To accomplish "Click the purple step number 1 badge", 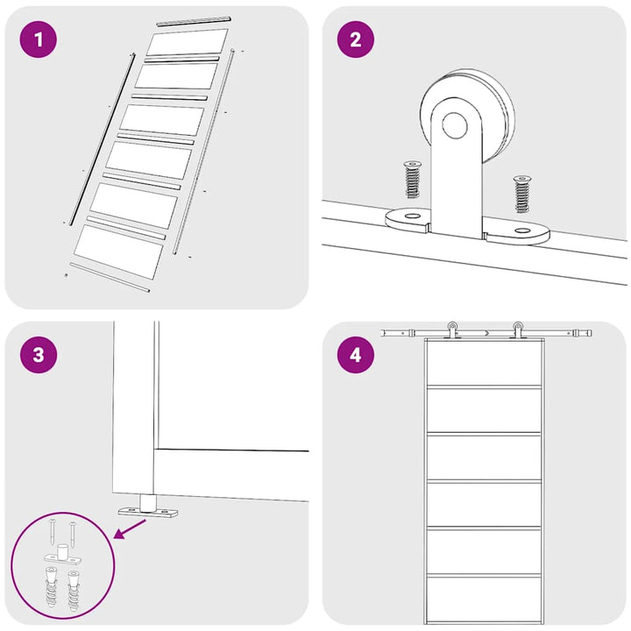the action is tap(39, 39).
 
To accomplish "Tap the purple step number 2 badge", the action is tap(355, 39).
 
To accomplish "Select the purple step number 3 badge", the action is tap(39, 355).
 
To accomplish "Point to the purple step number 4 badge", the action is tap(355, 355).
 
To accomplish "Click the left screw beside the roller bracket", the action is tap(412, 179).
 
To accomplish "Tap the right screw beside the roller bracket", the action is tap(522, 194).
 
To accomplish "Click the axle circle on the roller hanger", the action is tap(455, 126).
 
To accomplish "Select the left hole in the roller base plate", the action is tap(411, 216).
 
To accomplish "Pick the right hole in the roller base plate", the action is tap(522, 230).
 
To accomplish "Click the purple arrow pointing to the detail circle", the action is tap(131, 528).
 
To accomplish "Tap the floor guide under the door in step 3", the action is tap(148, 507).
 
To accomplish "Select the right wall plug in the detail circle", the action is tap(74, 590).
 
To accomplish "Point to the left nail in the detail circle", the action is tap(53, 532).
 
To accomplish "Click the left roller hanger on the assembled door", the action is tap(452, 330).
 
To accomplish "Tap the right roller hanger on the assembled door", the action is tap(518, 330).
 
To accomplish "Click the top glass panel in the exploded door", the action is tap(188, 42).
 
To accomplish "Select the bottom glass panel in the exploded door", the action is tap(118, 252).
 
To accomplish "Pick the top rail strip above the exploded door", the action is tap(194, 21).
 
